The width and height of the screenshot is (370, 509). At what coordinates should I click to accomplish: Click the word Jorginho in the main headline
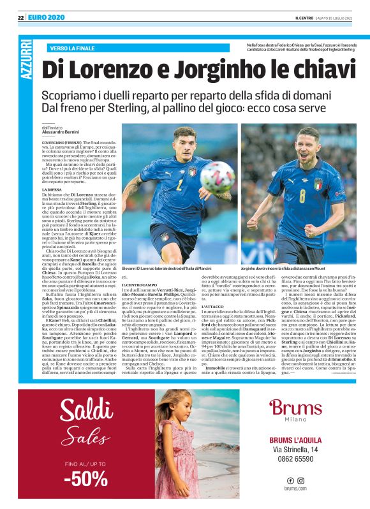pyautogui.click(x=226, y=70)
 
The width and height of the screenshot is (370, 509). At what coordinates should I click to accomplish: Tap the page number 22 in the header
pyautogui.click(x=20, y=18)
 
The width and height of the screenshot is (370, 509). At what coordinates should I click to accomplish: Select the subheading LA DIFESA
pyautogui.click(x=52, y=189)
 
